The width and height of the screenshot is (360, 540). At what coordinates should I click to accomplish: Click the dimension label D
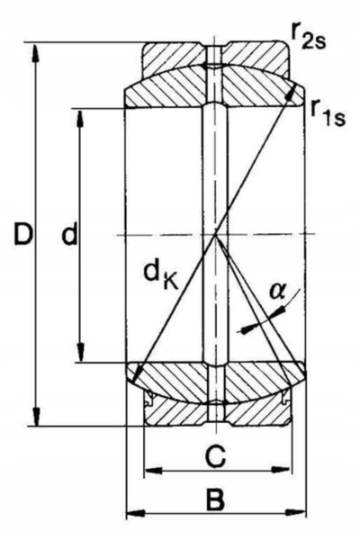23,234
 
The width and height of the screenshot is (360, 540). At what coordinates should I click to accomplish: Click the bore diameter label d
70,234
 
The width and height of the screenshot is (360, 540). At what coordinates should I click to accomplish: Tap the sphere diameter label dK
160,274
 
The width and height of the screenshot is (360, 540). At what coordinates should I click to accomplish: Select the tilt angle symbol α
277,291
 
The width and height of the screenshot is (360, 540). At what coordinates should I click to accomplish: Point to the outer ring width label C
216,456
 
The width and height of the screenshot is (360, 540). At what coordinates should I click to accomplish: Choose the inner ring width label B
215,499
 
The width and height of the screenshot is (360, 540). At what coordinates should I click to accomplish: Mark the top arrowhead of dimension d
80,119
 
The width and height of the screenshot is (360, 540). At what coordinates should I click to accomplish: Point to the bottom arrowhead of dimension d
81,352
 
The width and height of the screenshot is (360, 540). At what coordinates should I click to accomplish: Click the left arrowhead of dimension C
153,470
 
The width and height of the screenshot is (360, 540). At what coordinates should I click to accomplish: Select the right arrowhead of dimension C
282,470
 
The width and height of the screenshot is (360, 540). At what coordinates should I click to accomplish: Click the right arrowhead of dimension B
296,512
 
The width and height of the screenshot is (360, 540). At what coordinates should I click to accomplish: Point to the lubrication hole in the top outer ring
214,54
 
